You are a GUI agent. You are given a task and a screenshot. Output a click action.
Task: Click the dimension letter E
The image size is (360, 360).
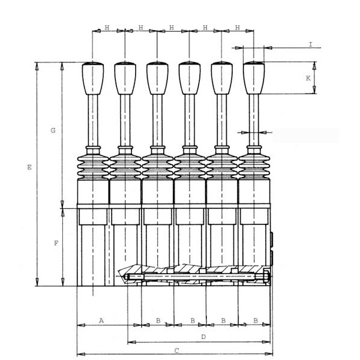coord(29,167)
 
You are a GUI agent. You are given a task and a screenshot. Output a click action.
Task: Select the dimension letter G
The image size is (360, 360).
coord(53,130)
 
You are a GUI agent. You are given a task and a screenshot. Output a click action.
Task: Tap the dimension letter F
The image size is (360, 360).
coord(56,243)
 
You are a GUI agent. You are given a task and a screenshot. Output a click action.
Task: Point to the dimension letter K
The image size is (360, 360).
coord(308,78)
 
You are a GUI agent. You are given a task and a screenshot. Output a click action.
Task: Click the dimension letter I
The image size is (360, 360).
coord(311,44)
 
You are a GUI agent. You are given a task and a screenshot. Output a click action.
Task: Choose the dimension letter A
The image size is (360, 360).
coord(101,320)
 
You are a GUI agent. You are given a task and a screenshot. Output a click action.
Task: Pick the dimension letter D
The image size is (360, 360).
coord(203,337)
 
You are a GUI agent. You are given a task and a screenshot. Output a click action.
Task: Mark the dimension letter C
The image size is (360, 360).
coord(176,350)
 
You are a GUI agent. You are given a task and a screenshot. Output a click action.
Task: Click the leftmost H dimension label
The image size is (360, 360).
coord(107,28)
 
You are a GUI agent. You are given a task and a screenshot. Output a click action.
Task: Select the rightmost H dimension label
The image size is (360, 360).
coord(238,28)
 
